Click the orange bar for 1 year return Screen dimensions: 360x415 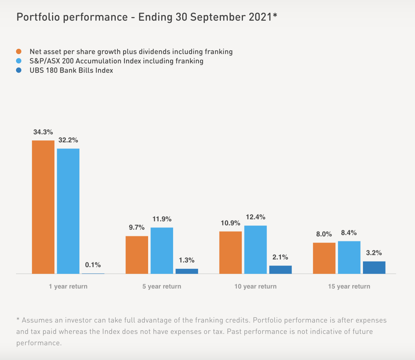(43, 207)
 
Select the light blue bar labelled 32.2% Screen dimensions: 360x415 (68, 211)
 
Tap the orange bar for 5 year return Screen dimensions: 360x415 (137, 255)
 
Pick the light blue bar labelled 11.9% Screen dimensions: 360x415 (162, 250)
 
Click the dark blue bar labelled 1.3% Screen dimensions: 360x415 (187, 271)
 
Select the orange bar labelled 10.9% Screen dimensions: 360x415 (231, 252)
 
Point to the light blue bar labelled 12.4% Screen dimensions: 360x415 (256, 249)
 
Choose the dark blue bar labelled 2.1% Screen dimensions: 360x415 (281, 269)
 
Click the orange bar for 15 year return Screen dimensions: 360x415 (324, 258)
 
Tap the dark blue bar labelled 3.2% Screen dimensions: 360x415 (374, 267)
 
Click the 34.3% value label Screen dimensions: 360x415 (43, 132)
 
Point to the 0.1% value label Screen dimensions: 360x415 (93, 265)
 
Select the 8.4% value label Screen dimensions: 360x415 (349, 233)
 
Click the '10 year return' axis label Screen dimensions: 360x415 (256, 286)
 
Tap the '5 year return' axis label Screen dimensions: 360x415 (162, 286)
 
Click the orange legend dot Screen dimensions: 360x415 (19, 51)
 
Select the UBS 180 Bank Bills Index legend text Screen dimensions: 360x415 (71, 70)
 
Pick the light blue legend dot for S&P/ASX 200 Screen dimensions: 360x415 (19, 61)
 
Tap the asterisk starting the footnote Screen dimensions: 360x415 (18, 320)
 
